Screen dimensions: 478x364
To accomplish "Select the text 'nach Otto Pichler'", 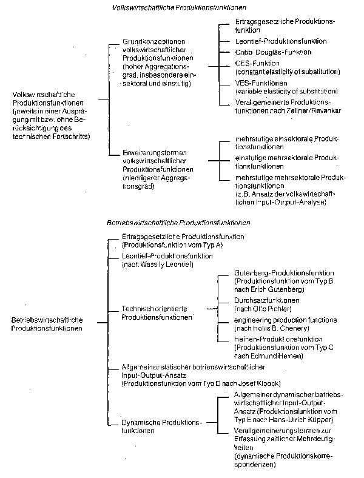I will pyautogui.click(x=263, y=309).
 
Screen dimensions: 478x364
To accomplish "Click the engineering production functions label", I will pyautogui.click(x=285, y=320).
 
